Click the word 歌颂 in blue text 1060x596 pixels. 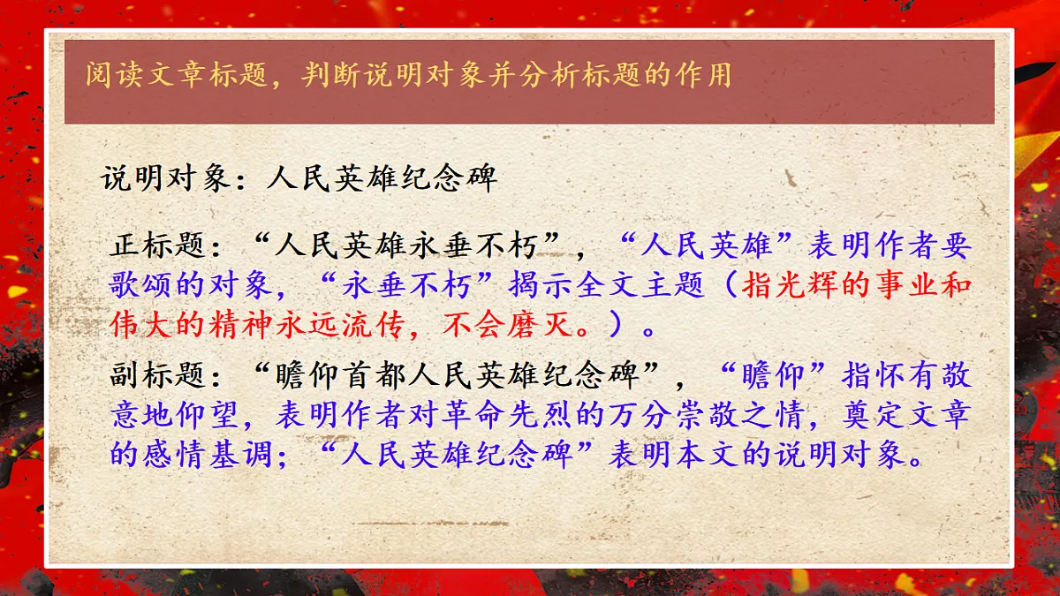tap(138, 286)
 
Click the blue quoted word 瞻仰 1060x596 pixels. tap(777, 377)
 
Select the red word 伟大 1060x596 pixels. tap(138, 328)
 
